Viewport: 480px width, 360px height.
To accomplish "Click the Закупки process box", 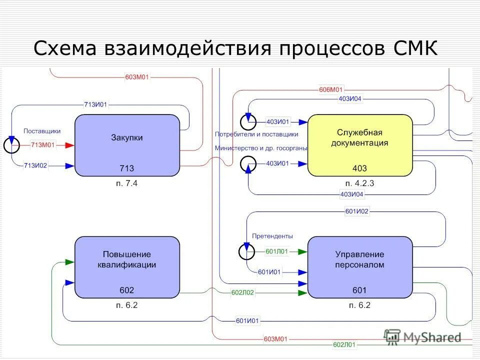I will pos(127,145).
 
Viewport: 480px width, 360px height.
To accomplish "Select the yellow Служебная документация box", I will pos(360,145).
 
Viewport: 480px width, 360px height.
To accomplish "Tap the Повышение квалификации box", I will pos(127,267).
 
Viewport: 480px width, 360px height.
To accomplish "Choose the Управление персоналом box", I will pos(360,267).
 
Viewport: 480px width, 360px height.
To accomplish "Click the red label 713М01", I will pos(42,145).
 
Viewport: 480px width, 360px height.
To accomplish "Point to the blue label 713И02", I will pos(35,165).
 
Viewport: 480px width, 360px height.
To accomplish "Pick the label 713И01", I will pos(95,104).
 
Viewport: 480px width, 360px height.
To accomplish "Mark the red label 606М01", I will pos(331,90).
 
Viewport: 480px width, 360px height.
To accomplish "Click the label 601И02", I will pos(357,211).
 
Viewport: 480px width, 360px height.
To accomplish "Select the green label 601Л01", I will pos(277,251).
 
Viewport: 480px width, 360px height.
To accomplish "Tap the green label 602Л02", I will pos(242,292).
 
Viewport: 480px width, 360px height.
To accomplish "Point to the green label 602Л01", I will pos(344,344).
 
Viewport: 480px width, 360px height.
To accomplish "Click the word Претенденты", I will pos(272,236).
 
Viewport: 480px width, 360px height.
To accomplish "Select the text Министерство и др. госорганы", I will pos(261,148).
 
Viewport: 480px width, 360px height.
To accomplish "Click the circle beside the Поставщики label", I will pos(11,145).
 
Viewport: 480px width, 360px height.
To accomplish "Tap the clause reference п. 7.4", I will pos(126,183).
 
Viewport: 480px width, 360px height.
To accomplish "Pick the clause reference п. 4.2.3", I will pos(360,183).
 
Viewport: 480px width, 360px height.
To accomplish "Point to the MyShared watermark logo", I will pos(422,337).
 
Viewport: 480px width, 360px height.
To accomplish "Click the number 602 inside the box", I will pos(127,290).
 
